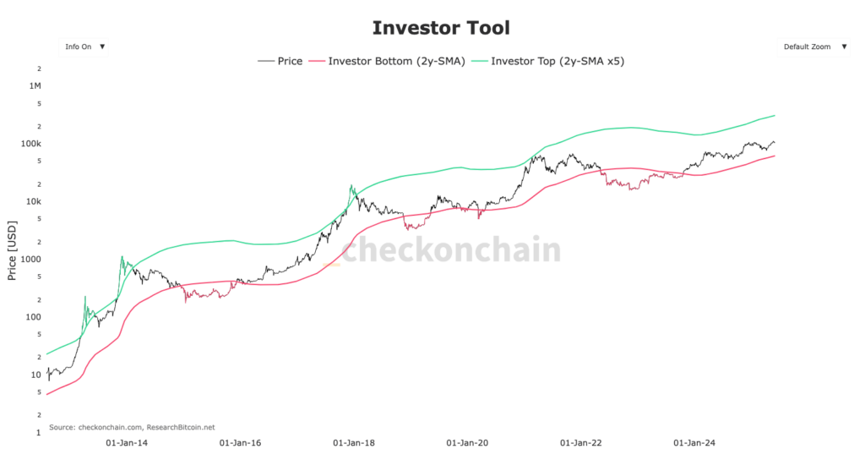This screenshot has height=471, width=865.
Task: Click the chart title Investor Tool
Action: (x=441, y=28)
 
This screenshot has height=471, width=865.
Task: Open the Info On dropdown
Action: (x=84, y=47)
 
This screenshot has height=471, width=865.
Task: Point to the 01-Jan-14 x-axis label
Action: (x=126, y=442)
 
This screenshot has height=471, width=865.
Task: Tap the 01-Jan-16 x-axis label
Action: (x=240, y=442)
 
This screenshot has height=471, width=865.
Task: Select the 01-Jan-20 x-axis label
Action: (x=467, y=442)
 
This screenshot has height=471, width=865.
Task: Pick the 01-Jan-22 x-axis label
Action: (x=581, y=442)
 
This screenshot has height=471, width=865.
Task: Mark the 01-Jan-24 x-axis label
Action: (x=694, y=442)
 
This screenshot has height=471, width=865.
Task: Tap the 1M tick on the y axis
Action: (x=35, y=86)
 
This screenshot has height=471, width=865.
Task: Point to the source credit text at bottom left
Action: (x=132, y=427)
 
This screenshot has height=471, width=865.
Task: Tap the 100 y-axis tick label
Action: (x=35, y=317)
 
